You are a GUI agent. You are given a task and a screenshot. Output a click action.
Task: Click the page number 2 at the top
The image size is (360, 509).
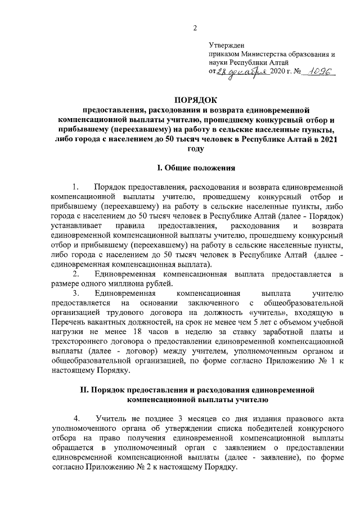point(195,29)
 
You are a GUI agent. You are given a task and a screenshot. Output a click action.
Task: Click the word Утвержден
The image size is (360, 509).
point(226,45)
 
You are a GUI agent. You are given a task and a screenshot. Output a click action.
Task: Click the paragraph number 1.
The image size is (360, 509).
point(75,186)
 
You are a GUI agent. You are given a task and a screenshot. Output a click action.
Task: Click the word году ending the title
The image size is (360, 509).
point(195,149)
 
